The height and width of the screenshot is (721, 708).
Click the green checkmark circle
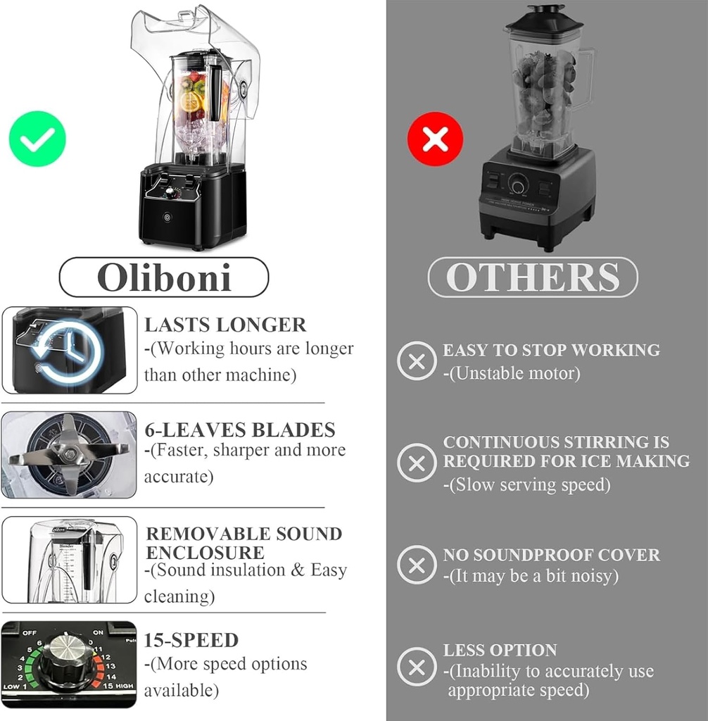pos(37,139)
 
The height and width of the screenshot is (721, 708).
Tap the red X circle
pos(435,139)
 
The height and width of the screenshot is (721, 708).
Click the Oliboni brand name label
pos(163,277)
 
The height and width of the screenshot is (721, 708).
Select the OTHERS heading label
pos(533,277)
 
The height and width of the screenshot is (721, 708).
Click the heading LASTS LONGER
pos(225,325)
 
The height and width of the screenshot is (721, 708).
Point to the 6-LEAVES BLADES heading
pos(239,430)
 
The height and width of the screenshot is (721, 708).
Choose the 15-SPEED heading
pos(191,640)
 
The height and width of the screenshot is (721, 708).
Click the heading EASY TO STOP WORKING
pos(551,350)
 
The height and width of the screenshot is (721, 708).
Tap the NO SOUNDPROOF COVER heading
pos(551,555)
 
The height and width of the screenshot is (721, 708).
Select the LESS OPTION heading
pos(500,650)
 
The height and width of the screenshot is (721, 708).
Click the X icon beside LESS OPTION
pos(417,667)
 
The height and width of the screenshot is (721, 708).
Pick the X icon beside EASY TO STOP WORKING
pos(417,360)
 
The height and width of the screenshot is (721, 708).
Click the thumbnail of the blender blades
pos(69,455)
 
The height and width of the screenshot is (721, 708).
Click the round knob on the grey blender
pos(519,186)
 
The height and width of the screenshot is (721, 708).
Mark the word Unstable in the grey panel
pos(484,373)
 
